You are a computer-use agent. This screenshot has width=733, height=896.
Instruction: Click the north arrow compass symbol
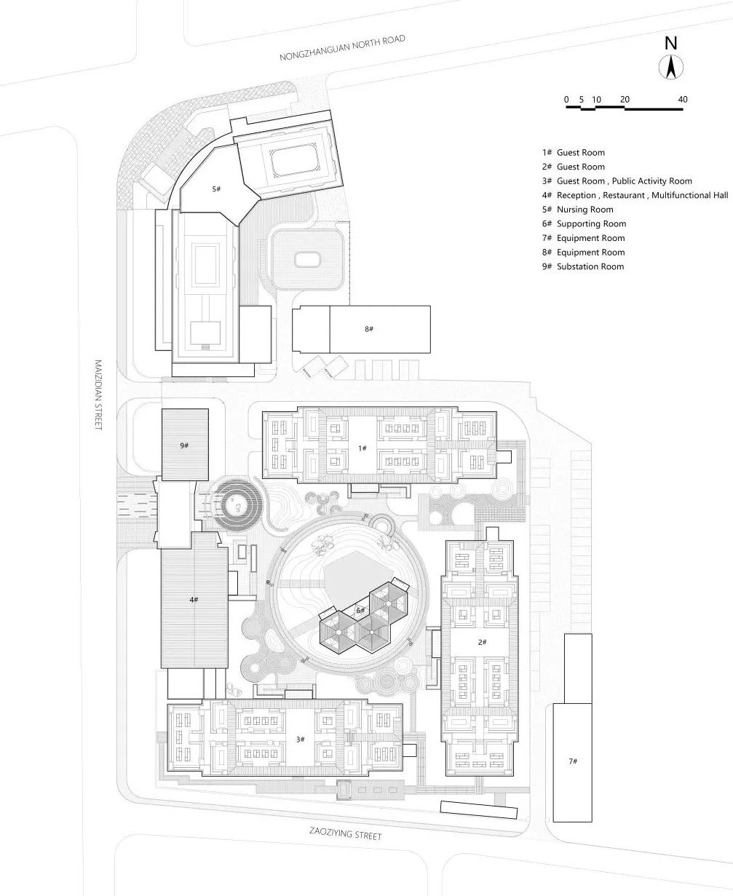671,68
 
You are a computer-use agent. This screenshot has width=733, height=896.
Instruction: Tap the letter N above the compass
671,44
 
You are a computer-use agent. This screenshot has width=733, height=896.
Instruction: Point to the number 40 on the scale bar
682,99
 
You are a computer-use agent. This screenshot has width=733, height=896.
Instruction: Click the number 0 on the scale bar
566,99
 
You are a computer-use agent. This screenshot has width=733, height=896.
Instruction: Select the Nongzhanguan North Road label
342,47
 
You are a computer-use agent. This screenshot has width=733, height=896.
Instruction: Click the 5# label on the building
216,189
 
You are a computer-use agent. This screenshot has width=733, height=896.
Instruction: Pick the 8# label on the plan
369,329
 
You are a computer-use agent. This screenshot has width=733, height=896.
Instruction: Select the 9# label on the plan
184,445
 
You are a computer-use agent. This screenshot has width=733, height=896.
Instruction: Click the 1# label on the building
362,448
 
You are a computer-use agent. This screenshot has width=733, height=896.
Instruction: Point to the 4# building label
193,599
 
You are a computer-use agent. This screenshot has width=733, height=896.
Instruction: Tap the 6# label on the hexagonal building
360,610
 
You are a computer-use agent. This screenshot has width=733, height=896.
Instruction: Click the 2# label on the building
482,641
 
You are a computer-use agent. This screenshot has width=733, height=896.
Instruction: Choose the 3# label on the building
300,739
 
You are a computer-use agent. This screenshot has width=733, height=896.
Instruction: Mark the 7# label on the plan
573,761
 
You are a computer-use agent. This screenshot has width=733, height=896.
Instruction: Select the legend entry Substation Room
582,266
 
